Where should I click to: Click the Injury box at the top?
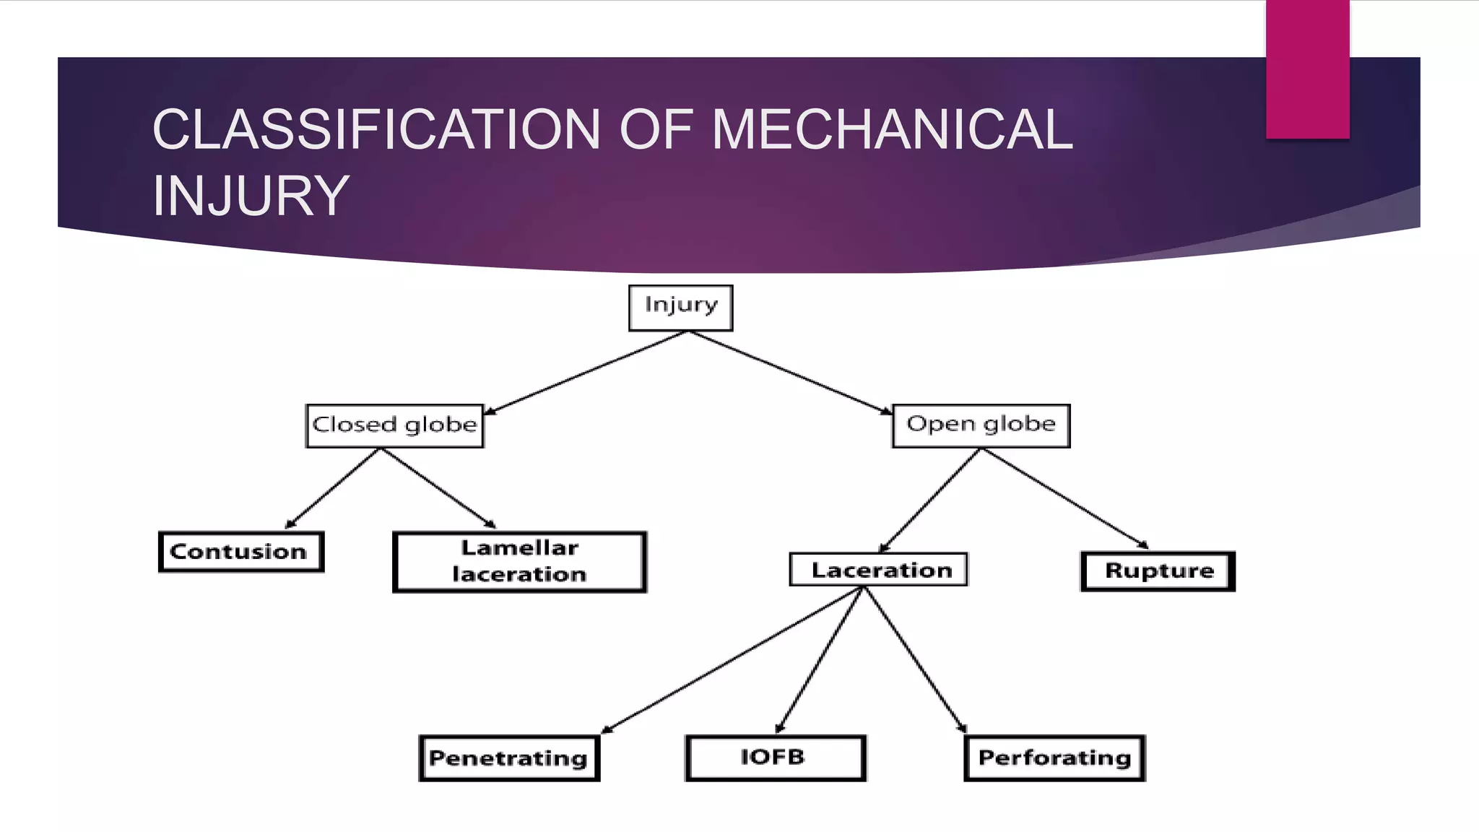pyautogui.click(x=680, y=308)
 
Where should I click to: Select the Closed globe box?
pyautogui.click(x=394, y=425)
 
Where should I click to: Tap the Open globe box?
pyautogui.click(x=981, y=425)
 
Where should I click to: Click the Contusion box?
pyautogui.click(x=240, y=552)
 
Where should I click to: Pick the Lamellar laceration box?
pyautogui.click(x=519, y=562)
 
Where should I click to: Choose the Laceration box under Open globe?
pyautogui.click(x=878, y=570)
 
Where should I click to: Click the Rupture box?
pyautogui.click(x=1158, y=571)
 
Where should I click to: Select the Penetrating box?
pyautogui.click(x=509, y=758)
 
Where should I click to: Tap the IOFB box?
pyautogui.click(x=775, y=758)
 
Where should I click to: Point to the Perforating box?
pyautogui.click(x=1054, y=758)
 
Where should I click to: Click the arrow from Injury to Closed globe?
pyautogui.click(x=585, y=373)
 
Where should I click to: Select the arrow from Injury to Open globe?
pyautogui.click(x=790, y=373)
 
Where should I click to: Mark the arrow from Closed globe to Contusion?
pyautogui.click(x=332, y=488)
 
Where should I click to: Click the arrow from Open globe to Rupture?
pyautogui.click(x=1064, y=498)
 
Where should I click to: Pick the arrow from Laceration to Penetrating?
pyautogui.click(x=731, y=660)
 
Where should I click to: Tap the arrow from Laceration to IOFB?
pyautogui.click(x=819, y=660)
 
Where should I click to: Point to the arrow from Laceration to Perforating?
pyautogui.click(x=914, y=660)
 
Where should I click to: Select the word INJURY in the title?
pyautogui.click(x=251, y=196)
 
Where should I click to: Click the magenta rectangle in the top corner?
pyautogui.click(x=1307, y=69)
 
